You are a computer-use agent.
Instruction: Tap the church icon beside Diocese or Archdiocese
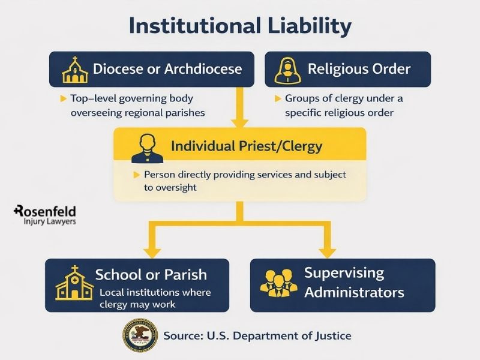(x=74, y=70)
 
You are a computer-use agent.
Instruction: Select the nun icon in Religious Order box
(x=286, y=70)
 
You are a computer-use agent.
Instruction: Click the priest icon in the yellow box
(x=148, y=148)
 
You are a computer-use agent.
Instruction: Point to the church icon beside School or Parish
(x=74, y=283)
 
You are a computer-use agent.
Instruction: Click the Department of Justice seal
(x=140, y=335)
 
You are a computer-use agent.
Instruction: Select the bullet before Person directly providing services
(x=136, y=175)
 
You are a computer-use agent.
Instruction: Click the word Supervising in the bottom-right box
(x=344, y=273)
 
